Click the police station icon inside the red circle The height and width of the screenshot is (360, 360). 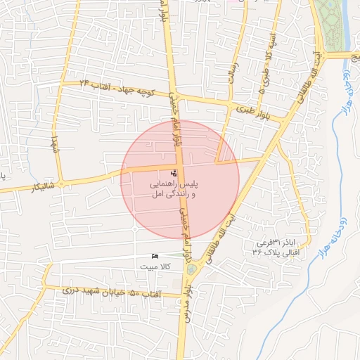pos(174,173)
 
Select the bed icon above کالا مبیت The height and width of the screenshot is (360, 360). pos(155,257)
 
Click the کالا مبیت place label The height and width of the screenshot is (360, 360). pos(154,267)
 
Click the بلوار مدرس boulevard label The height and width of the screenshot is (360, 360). pos(186,302)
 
